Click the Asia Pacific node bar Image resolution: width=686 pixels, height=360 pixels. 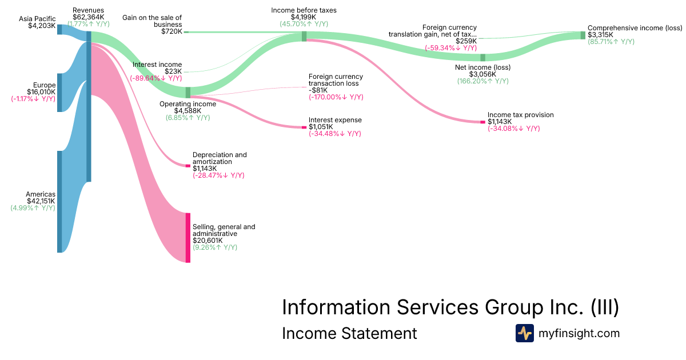59,29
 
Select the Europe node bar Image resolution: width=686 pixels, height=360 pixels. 59,92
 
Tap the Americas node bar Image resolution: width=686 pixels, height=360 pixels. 59,201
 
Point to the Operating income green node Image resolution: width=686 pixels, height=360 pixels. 188,92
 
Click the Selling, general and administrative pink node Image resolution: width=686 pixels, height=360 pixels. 188,237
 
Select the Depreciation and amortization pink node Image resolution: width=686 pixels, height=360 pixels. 188,166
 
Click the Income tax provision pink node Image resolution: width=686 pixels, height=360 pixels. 482,122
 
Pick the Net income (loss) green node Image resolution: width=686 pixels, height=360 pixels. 482,57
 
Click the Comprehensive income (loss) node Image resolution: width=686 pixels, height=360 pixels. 583,35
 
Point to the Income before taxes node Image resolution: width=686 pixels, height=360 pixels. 304,37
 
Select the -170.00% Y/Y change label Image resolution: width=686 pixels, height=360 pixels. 336,97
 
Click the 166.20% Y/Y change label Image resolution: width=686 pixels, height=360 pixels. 482,81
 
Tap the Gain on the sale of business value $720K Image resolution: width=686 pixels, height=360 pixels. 171,32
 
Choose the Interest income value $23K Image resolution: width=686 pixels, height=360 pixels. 173,71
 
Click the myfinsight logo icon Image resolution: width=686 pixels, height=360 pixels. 524,333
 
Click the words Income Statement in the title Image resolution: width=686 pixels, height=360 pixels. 349,333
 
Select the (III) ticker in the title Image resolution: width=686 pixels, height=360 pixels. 604,307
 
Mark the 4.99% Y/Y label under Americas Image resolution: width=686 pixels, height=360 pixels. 33,208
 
